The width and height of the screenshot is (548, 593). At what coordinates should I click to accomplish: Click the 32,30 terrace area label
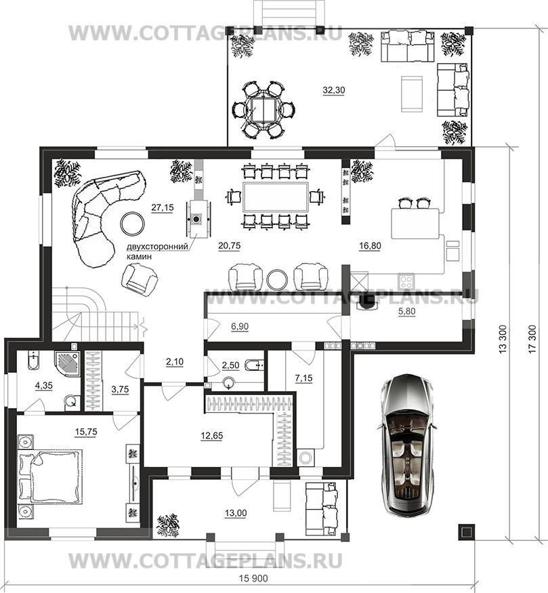click(x=334, y=90)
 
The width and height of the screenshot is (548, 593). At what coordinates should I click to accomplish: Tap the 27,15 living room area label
click(x=163, y=207)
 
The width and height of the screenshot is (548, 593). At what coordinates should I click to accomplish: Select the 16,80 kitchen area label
click(x=370, y=246)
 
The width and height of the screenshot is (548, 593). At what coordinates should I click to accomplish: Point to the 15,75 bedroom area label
click(x=86, y=432)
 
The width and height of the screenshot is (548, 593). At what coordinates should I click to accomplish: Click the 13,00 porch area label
click(x=236, y=513)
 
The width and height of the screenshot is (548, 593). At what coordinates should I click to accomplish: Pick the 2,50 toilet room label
click(x=230, y=365)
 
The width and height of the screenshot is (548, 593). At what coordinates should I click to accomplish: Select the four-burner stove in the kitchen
click(x=406, y=281)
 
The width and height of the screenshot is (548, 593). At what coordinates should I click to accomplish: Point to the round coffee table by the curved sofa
click(x=132, y=224)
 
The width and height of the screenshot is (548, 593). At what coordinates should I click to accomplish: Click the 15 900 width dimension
click(x=253, y=578)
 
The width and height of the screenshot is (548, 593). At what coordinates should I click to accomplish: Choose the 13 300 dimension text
click(x=502, y=339)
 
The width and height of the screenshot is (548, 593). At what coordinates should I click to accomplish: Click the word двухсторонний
click(x=157, y=247)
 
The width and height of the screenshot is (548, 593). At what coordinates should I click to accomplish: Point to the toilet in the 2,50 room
click(x=253, y=365)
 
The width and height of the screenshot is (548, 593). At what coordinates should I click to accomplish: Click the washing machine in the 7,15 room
click(x=305, y=457)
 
